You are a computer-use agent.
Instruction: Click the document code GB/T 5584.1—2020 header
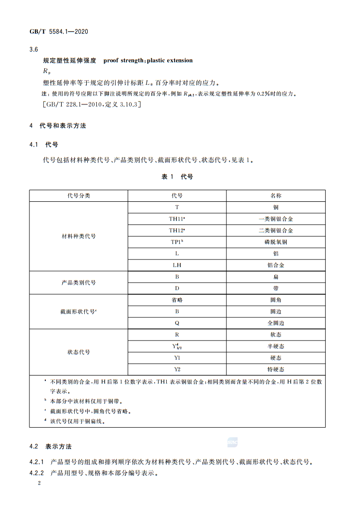(x=59, y=31)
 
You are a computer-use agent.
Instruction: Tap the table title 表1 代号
(x=177, y=177)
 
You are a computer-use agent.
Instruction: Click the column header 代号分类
(x=79, y=196)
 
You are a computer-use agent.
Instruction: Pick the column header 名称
(x=276, y=196)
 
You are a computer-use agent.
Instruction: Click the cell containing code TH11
(x=177, y=219)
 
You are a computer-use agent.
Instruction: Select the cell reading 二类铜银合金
(x=276, y=231)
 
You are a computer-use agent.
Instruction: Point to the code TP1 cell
(x=177, y=242)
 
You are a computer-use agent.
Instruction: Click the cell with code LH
(x=177, y=265)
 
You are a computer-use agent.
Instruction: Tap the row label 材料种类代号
(x=79, y=236)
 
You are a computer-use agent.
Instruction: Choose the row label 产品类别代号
(x=79, y=283)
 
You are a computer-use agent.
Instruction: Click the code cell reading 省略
(x=177, y=300)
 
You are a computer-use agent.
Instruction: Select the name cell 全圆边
(x=276, y=323)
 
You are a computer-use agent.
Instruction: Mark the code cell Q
(x=177, y=323)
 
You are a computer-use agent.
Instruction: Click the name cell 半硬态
(x=276, y=346)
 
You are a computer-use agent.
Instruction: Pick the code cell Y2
(x=177, y=369)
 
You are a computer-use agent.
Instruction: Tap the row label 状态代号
(x=79, y=352)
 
